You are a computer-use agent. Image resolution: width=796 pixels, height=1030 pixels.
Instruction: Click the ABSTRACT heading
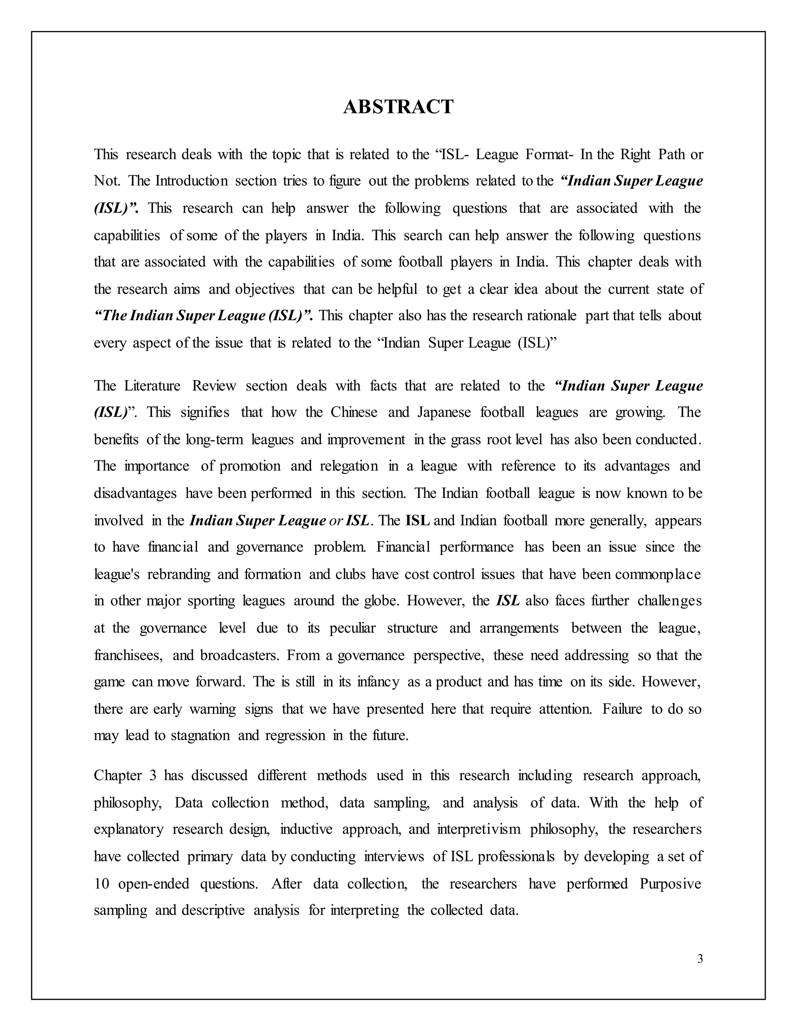398,107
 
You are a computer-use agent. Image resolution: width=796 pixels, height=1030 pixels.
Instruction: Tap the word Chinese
354,413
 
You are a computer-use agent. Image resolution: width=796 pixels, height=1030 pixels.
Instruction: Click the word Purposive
670,883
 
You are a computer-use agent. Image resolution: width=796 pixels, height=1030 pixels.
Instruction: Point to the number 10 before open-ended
101,883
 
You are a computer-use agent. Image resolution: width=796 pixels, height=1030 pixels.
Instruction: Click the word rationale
552,316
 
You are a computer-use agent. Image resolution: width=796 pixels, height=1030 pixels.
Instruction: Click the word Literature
152,386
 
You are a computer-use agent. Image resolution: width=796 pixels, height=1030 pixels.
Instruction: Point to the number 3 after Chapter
153,775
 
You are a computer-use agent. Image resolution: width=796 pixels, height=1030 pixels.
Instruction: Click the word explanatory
128,829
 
